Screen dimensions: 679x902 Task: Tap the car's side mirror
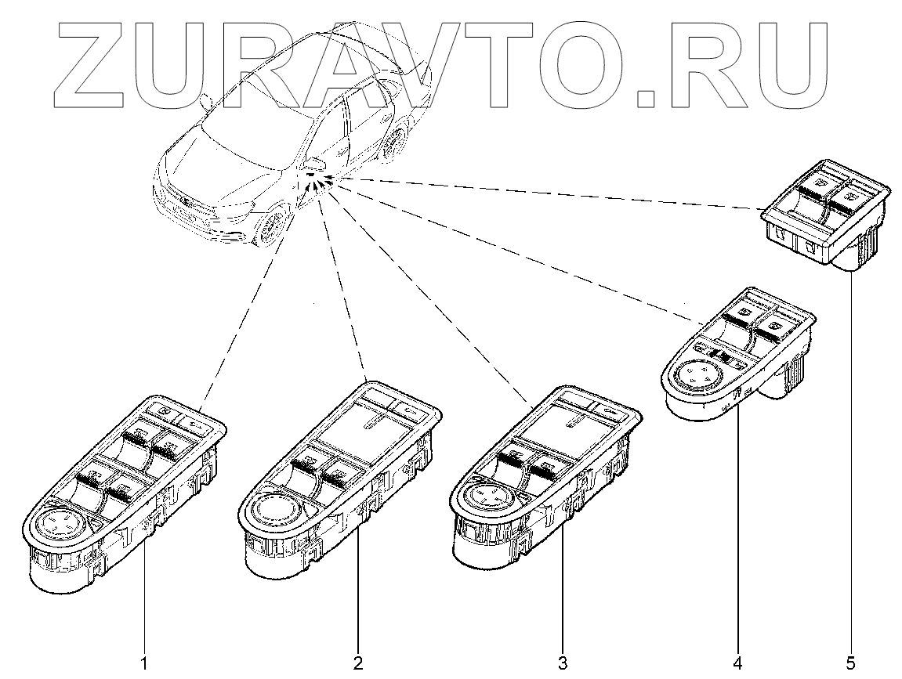(315, 163)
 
